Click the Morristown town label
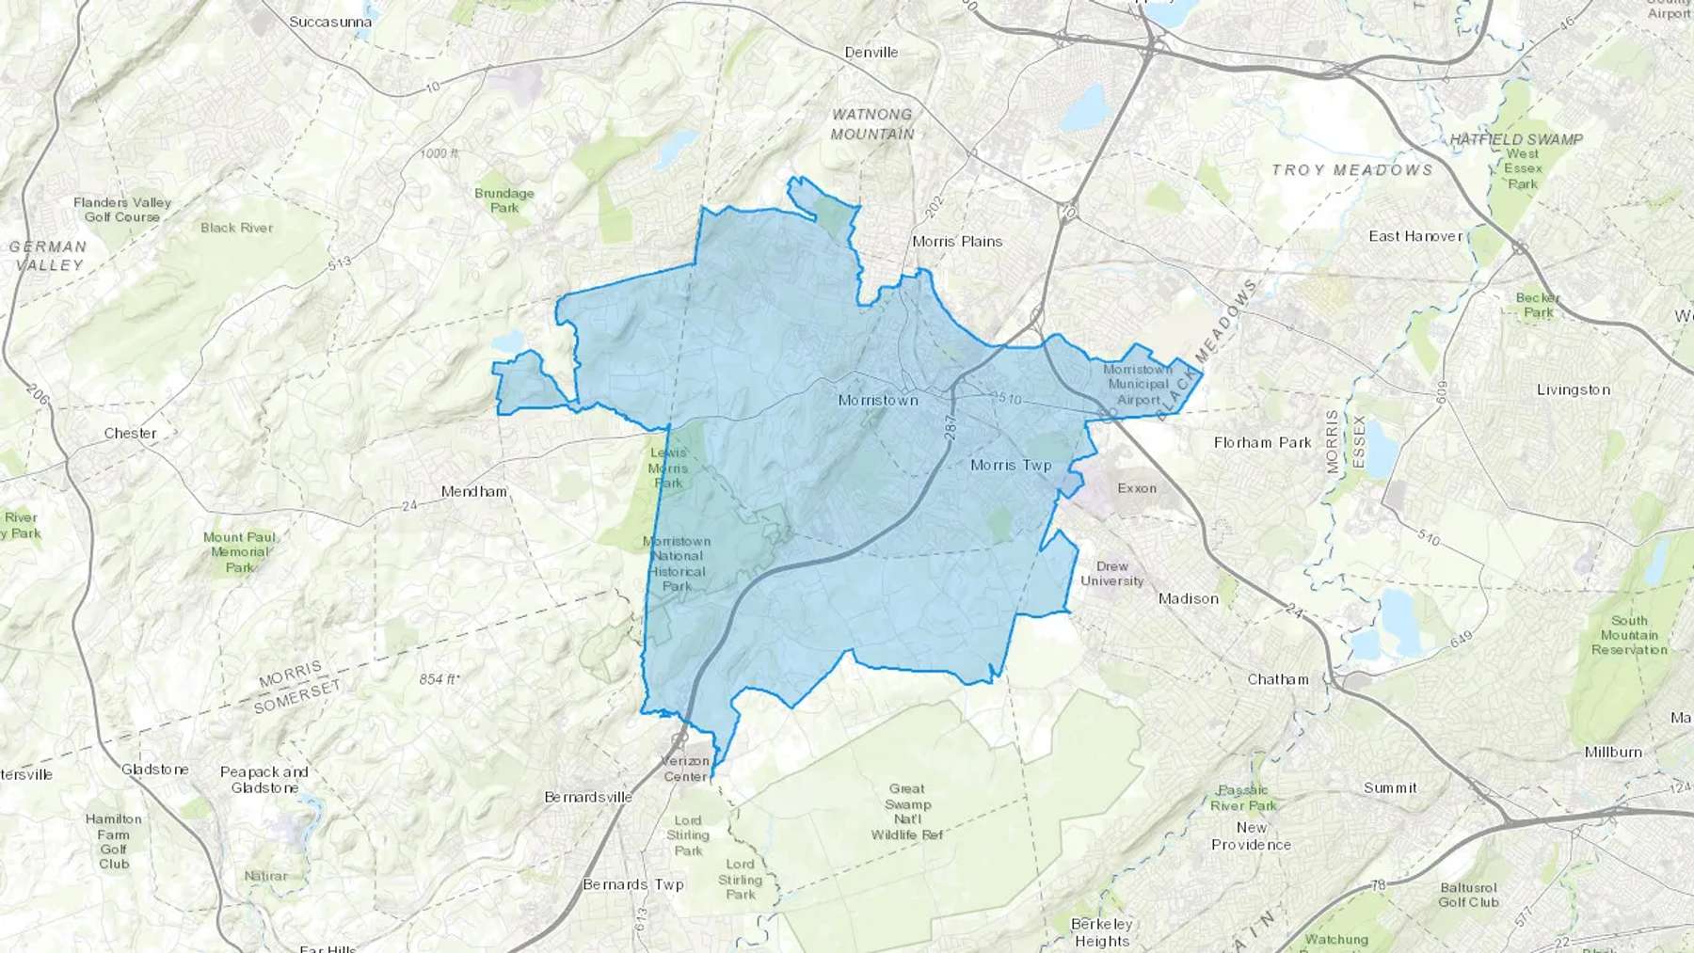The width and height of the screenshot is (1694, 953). click(x=877, y=401)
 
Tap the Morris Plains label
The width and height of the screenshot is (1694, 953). click(x=957, y=242)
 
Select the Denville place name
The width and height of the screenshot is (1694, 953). click(x=871, y=53)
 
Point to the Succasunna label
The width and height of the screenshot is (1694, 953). click(x=330, y=22)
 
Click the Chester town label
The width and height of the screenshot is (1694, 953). click(x=130, y=434)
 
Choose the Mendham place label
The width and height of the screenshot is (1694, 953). click(x=474, y=491)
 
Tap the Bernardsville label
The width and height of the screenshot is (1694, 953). click(x=588, y=797)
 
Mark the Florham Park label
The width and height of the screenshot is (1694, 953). click(x=1262, y=442)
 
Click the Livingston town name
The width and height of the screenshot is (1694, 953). click(x=1573, y=389)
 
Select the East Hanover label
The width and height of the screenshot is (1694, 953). click(x=1415, y=236)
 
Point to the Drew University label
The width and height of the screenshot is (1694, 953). click(x=1111, y=574)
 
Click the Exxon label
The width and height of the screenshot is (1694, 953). click(x=1137, y=488)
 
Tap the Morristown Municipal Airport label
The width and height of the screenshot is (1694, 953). click(x=1138, y=384)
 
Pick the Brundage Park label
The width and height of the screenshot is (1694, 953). click(x=504, y=200)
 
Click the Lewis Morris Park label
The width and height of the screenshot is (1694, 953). click(x=668, y=468)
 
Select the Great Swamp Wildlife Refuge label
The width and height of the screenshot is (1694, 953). click(x=907, y=812)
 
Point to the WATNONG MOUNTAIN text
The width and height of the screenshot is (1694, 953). click(x=872, y=124)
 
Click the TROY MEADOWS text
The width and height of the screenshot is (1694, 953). click(x=1351, y=170)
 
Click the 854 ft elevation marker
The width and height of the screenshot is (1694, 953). click(x=439, y=679)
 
